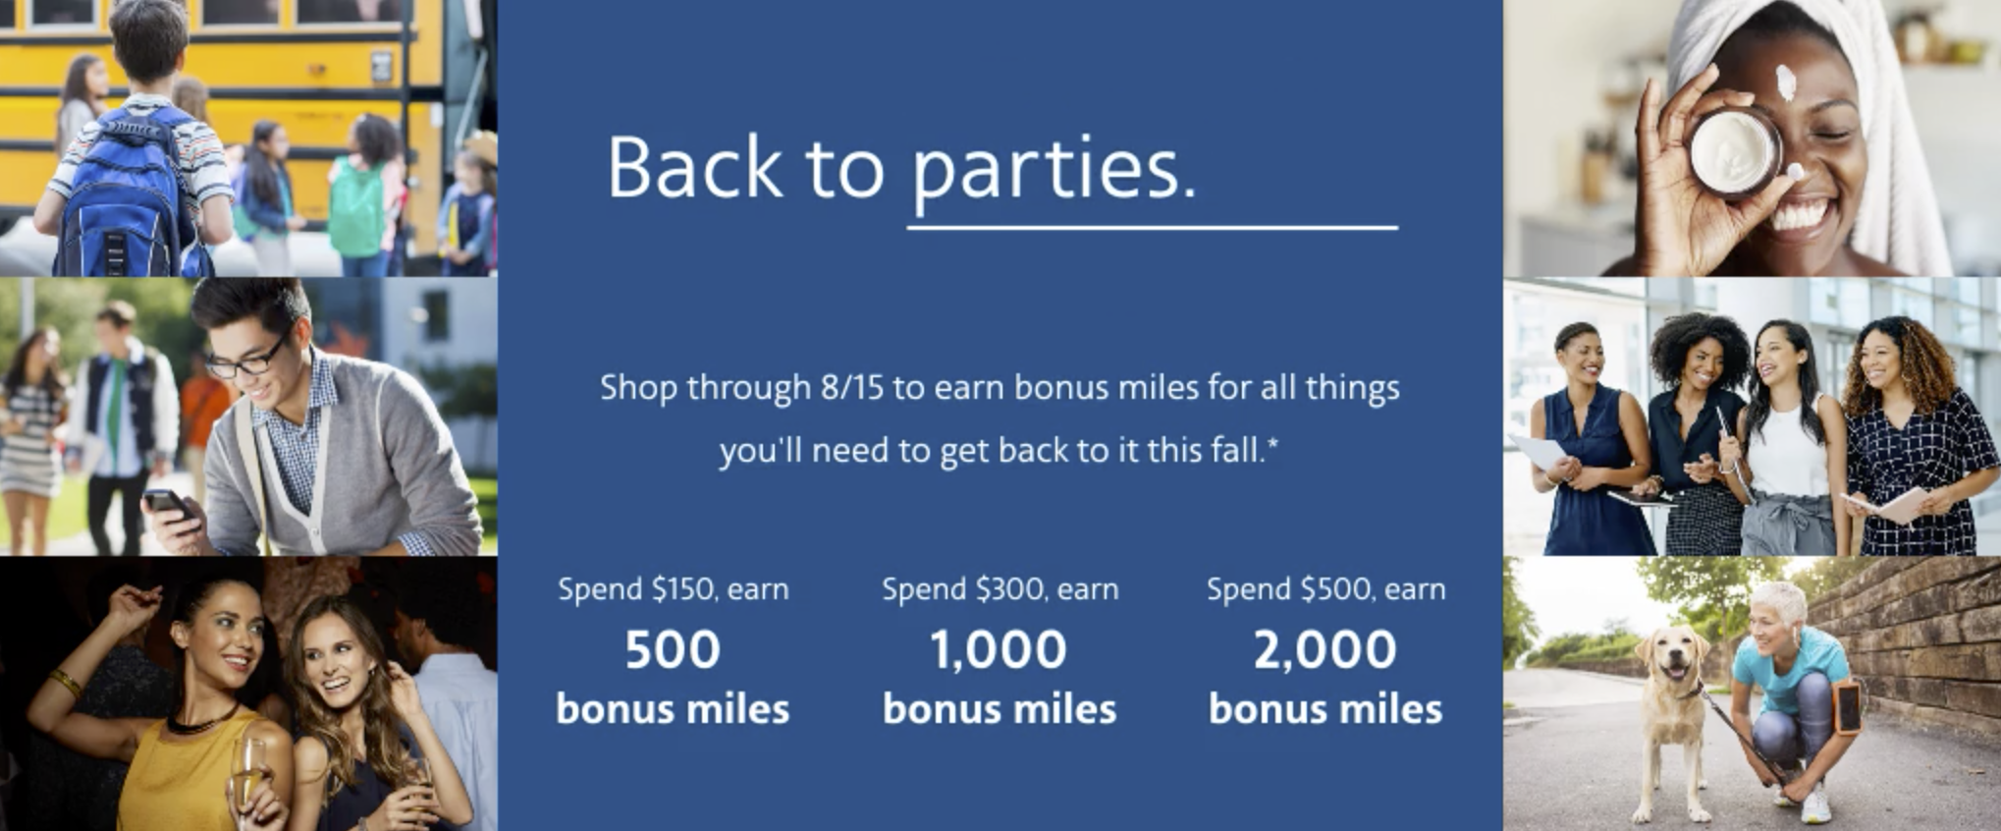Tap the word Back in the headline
tap(694, 166)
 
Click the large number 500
tap(673, 649)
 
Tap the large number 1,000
tap(999, 649)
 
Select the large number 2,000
tap(1325, 649)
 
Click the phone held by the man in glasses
tap(167, 504)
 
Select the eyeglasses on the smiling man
tap(247, 357)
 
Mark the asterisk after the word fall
tap(1272, 444)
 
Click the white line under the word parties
tap(1153, 228)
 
